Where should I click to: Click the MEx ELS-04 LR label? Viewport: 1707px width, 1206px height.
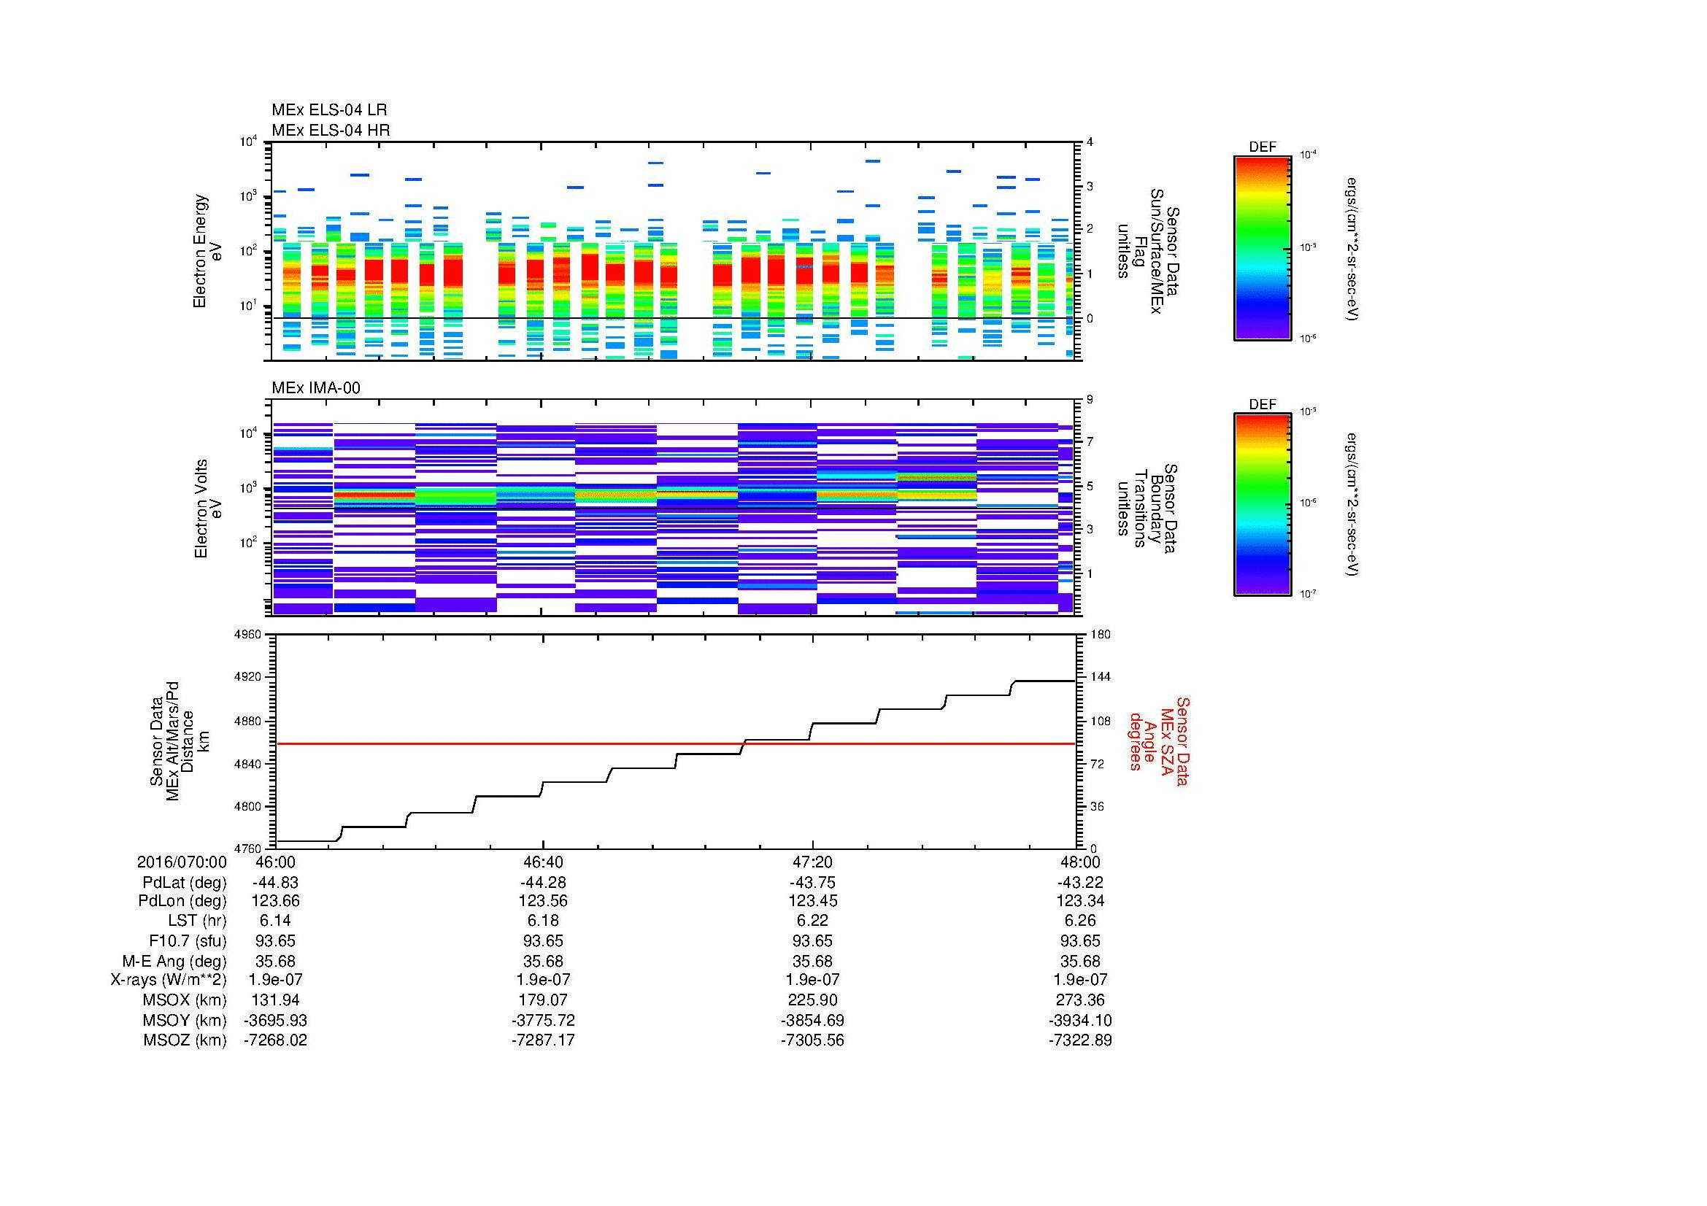329,110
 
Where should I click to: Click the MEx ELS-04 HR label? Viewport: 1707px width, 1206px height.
331,130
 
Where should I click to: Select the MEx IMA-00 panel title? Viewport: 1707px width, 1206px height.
316,388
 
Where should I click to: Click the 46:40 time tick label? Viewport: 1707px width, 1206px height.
544,862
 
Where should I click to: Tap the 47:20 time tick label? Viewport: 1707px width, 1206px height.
812,862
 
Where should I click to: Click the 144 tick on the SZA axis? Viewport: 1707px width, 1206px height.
1100,677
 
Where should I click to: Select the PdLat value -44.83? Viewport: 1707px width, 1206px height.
275,882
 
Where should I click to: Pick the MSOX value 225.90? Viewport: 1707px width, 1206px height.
812,1000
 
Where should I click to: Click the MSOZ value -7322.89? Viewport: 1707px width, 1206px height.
1079,1040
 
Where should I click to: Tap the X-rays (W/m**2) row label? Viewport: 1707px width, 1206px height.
169,980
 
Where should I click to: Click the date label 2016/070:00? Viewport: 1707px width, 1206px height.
182,862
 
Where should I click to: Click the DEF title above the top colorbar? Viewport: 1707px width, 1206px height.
1263,147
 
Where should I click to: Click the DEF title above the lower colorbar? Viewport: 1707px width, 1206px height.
1263,404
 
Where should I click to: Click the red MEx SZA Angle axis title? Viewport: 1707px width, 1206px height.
1159,741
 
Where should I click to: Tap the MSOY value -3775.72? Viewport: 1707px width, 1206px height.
544,1020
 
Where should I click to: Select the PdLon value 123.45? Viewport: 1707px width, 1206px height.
812,901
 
